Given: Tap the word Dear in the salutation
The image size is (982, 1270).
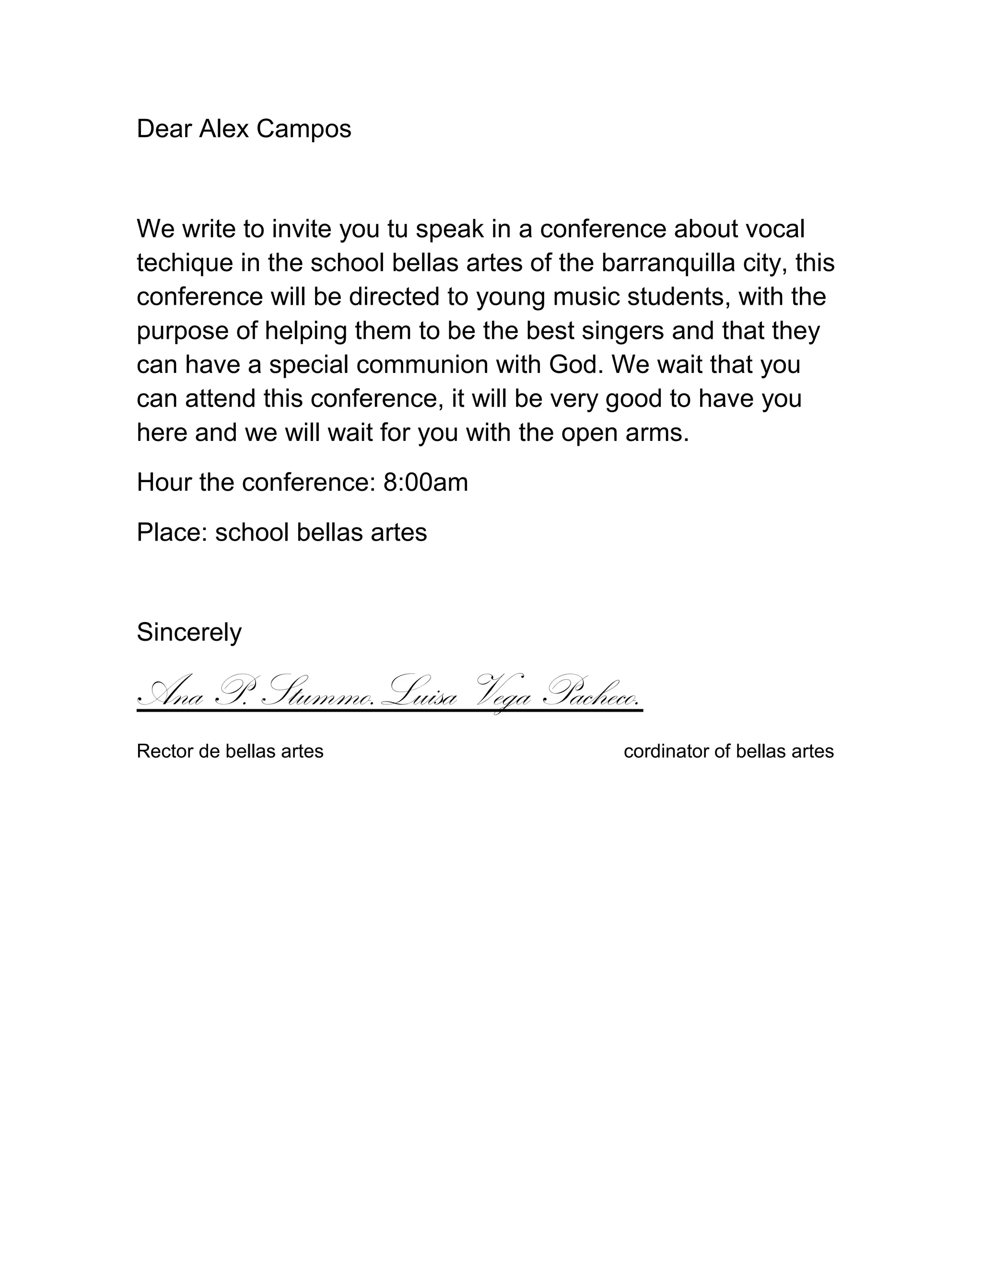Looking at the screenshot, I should pos(164,129).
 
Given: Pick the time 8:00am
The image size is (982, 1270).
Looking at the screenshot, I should pos(425,482).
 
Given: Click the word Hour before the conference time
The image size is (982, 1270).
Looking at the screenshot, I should pos(164,482).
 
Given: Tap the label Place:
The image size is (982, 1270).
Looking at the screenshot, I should pos(172,532).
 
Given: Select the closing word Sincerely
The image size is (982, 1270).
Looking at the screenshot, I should pos(189,632).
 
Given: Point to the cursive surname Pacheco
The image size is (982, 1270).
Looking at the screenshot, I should pos(590,692).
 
